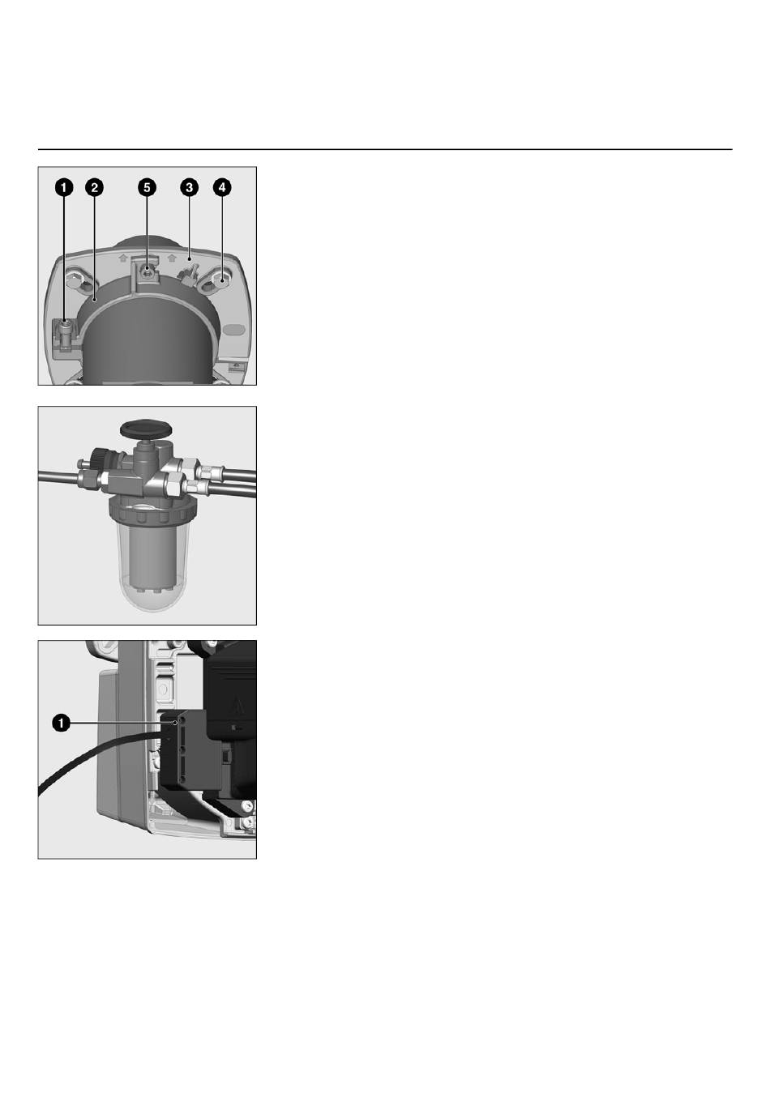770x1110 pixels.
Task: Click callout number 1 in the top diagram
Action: tap(64, 187)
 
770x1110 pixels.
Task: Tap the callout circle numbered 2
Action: tap(94, 187)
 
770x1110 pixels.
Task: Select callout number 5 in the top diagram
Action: tap(147, 187)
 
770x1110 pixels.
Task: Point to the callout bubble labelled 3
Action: tap(189, 187)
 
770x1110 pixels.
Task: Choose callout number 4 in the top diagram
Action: tap(221, 187)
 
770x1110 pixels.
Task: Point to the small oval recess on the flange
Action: tap(234, 329)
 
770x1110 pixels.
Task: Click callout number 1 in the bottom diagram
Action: tap(61, 723)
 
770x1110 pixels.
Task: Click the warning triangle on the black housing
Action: tap(237, 705)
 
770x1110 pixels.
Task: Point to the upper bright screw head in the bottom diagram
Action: tap(245, 806)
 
